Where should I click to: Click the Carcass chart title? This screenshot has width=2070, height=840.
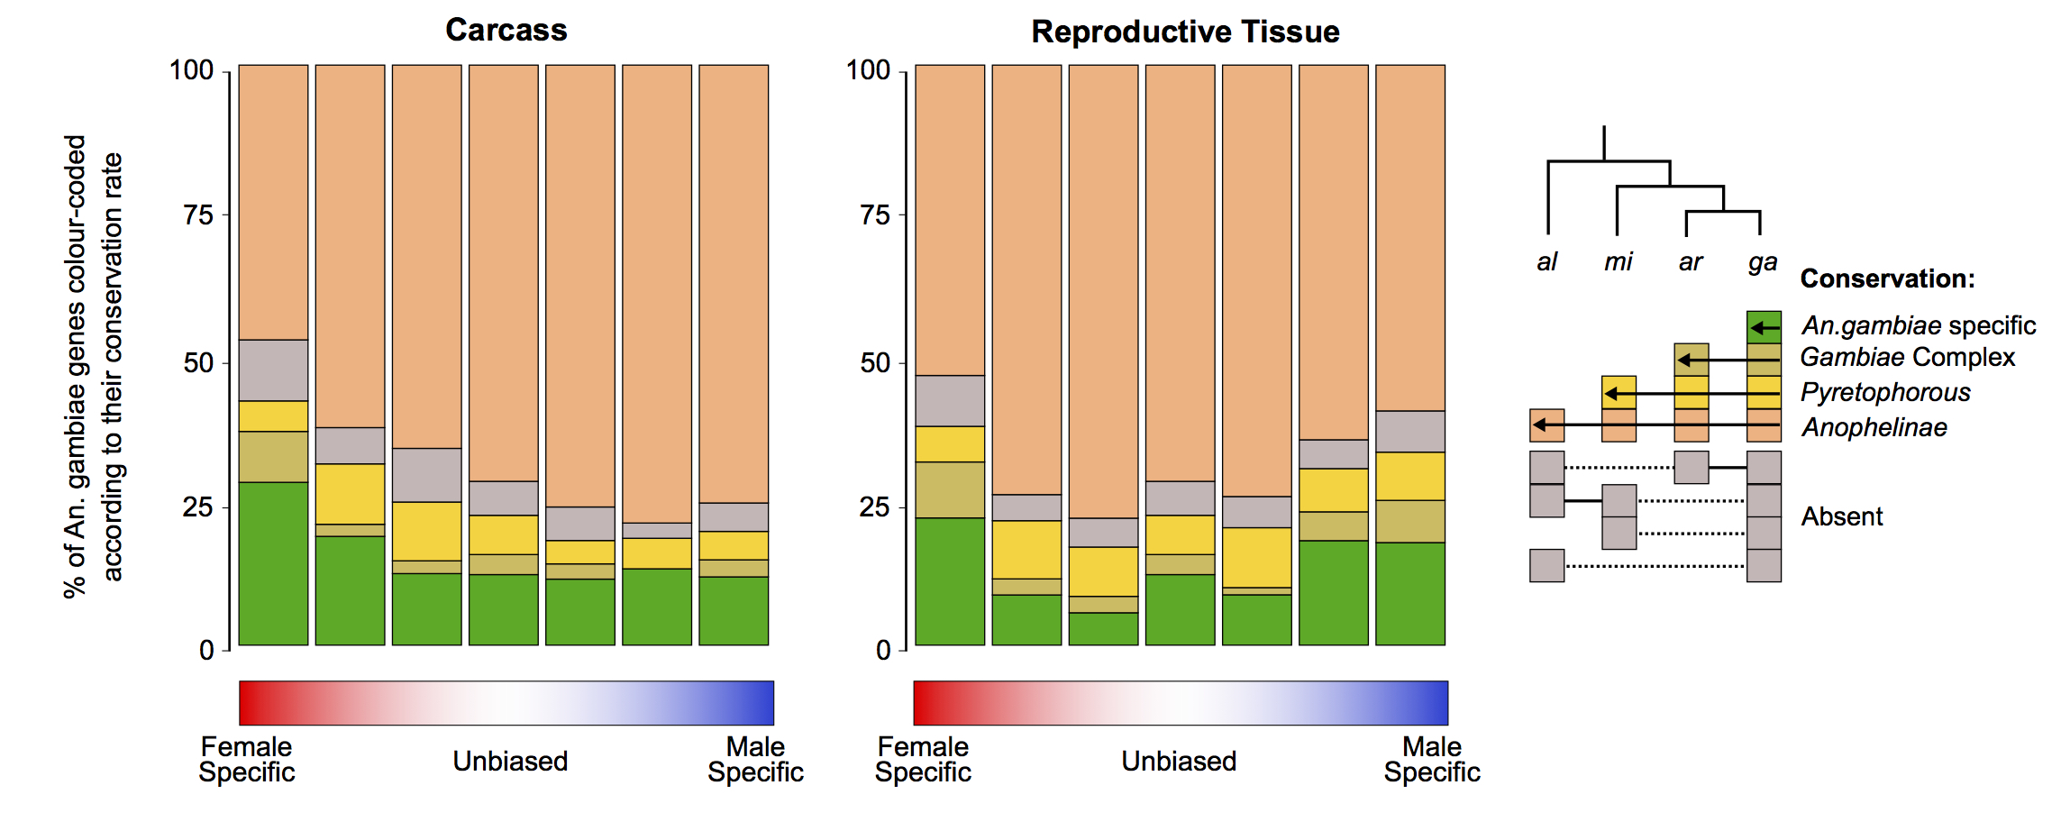point(506,30)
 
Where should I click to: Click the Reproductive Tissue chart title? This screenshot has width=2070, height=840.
point(1185,32)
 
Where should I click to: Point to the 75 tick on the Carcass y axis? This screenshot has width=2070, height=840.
point(198,215)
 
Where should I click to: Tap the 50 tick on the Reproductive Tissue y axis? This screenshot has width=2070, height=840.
point(875,362)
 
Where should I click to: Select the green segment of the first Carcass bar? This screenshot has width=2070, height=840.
point(273,563)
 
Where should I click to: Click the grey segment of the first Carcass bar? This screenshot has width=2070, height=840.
point(273,370)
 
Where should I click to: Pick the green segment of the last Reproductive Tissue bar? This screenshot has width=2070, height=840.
point(1410,594)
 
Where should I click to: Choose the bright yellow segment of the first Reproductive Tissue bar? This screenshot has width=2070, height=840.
point(950,444)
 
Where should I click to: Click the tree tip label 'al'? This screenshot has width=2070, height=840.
point(1546,261)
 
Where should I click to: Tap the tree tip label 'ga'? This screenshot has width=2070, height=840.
point(1763,262)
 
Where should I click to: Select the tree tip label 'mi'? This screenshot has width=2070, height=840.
point(1618,261)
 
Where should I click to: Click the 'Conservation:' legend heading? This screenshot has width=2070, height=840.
point(1887,278)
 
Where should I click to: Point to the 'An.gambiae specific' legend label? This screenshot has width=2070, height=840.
point(1919,325)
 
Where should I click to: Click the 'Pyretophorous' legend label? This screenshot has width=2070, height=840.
point(1885,393)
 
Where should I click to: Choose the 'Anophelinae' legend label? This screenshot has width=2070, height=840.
point(1874,427)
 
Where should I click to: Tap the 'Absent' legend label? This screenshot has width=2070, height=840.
point(1842,516)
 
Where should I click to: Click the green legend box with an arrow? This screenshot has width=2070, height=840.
point(1764,327)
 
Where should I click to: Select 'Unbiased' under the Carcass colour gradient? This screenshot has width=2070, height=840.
point(510,762)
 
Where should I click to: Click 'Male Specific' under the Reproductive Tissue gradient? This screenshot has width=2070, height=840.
point(1432,759)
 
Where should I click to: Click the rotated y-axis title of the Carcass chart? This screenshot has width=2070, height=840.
point(93,367)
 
